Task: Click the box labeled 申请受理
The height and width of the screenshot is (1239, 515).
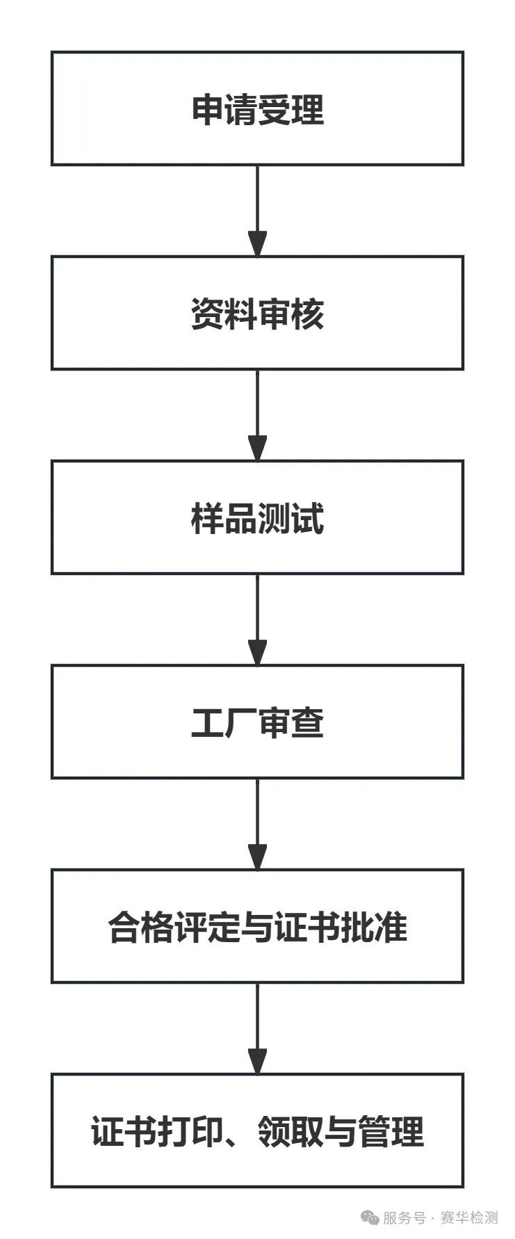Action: [x=257, y=108]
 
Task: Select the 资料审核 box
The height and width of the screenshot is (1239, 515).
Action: [x=257, y=313]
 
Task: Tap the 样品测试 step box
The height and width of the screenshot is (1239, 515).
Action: [x=257, y=517]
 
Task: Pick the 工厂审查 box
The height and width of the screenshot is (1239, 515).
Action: [x=257, y=722]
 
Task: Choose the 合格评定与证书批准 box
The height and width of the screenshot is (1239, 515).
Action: [x=257, y=926]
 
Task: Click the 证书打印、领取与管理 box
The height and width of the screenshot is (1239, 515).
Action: [x=257, y=1131]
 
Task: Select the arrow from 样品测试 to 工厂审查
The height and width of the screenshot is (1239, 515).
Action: [x=257, y=619]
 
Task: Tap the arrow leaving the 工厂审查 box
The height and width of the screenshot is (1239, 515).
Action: [x=257, y=824]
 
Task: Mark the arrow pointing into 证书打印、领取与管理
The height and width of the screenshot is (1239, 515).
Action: [x=257, y=1028]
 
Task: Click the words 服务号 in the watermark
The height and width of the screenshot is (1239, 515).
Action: [x=404, y=1217]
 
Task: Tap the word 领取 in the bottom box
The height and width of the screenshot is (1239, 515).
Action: [x=291, y=1132]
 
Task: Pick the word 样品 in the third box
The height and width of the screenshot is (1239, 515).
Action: [x=224, y=519]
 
